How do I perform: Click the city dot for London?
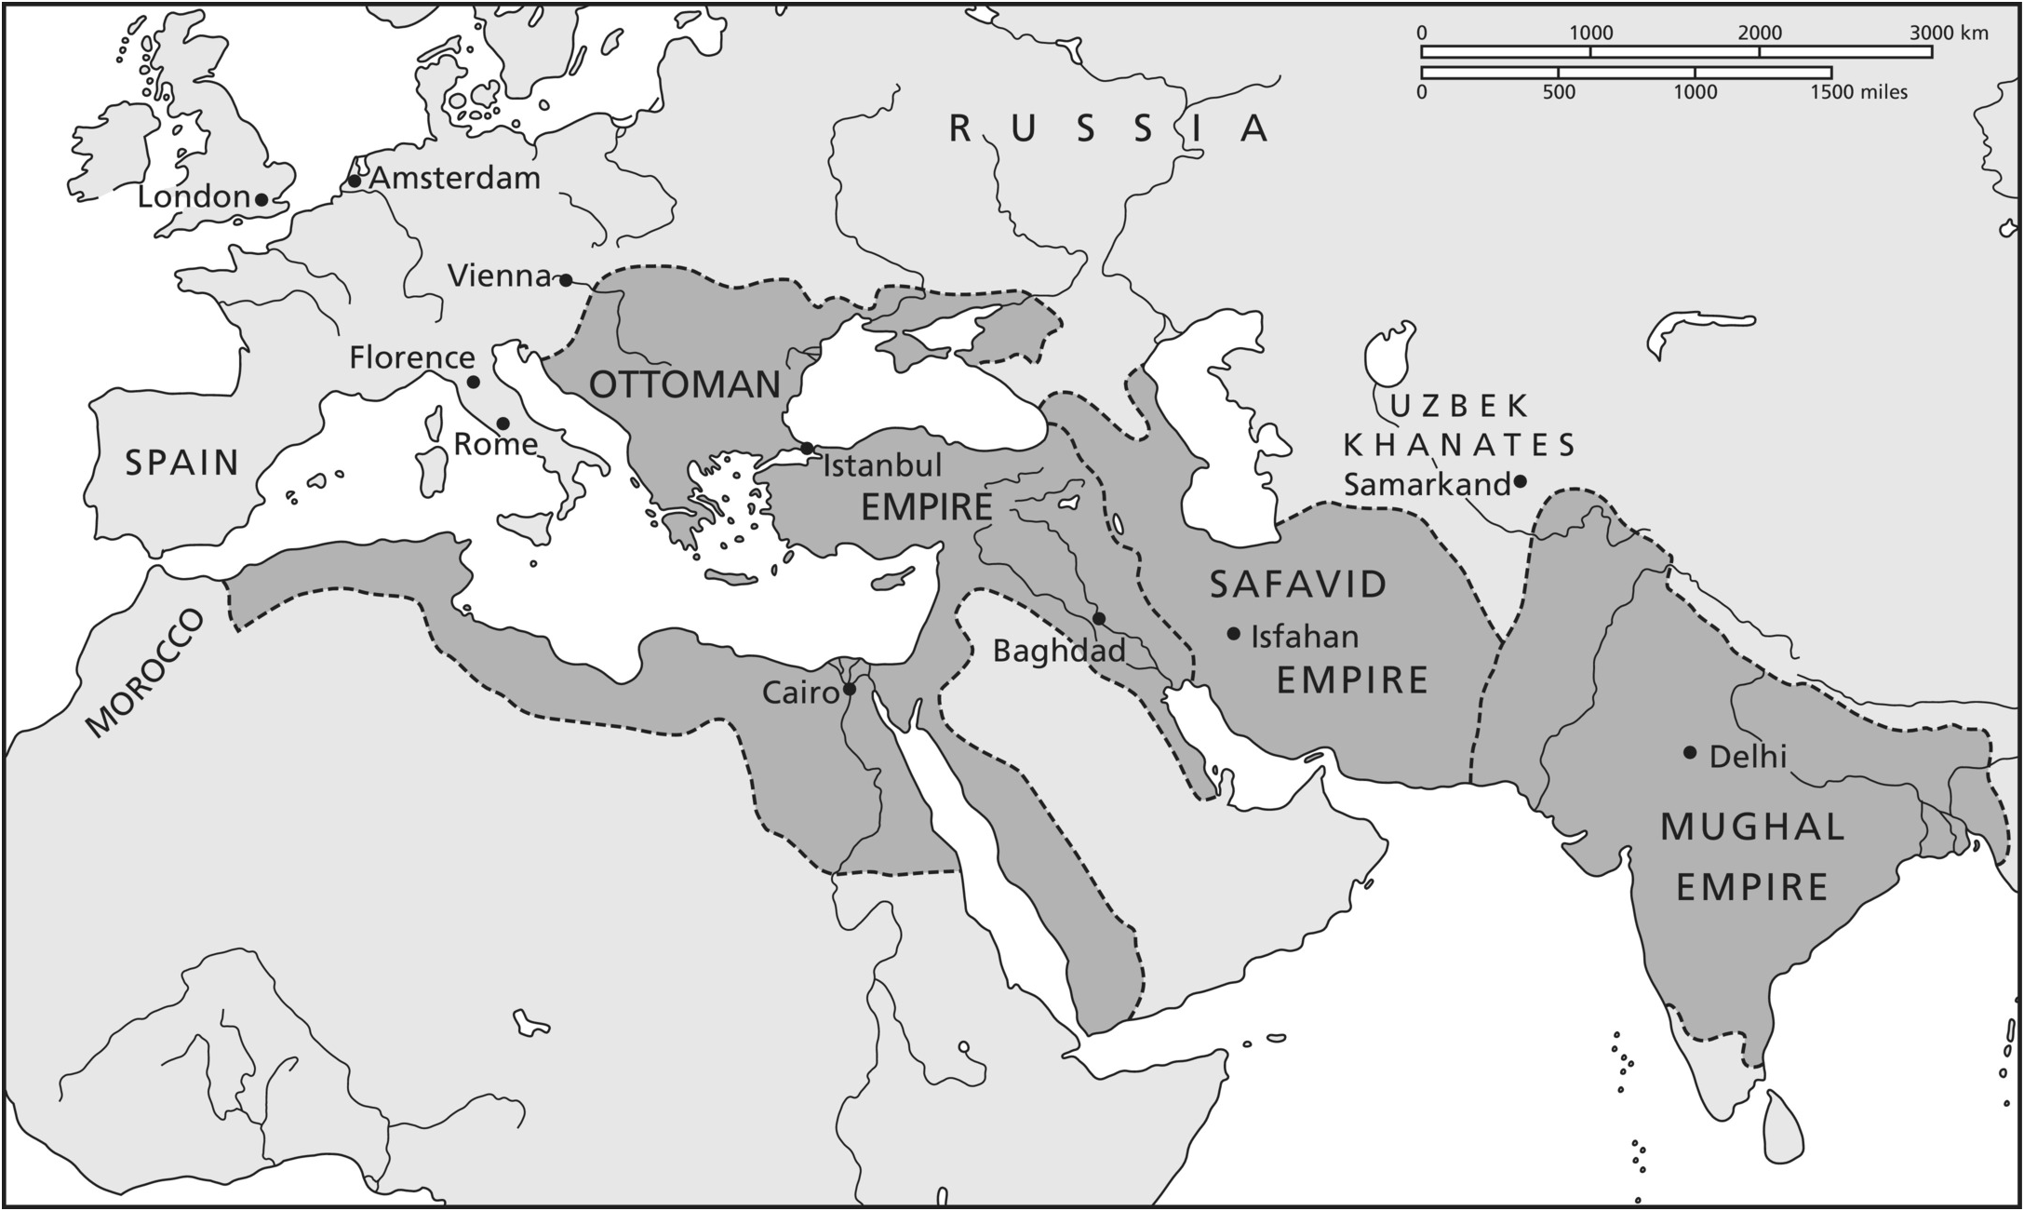pos(262,199)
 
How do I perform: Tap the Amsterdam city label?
pos(455,178)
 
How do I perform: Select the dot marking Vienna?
pos(565,279)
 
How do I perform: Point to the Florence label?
pos(412,357)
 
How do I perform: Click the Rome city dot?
pos(503,424)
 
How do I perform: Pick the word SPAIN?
pos(182,463)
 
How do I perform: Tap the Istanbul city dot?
pos(807,449)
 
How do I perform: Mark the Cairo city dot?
pos(849,690)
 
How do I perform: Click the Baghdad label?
pos(1059,650)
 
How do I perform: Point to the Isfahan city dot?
pos(1234,634)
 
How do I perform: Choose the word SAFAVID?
pos(1298,585)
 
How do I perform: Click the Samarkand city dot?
pos(1520,481)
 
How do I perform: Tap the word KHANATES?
pos(1458,445)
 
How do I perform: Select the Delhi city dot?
pos(1690,752)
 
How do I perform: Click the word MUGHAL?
pos(1752,827)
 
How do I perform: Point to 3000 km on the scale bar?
pos(1949,34)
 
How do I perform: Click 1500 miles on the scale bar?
pos(1857,92)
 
